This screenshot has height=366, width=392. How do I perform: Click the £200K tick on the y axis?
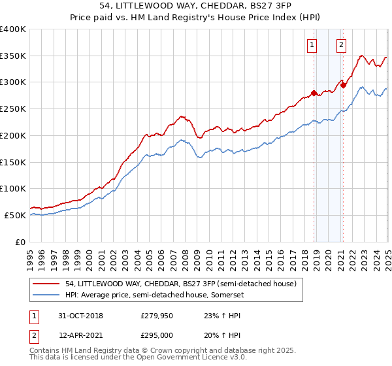[14, 135]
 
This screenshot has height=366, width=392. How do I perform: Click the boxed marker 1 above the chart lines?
[312, 45]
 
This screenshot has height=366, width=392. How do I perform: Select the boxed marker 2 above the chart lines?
[342, 45]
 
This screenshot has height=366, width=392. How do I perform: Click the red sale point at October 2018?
[314, 93]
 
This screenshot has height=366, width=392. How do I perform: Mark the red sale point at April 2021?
[343, 85]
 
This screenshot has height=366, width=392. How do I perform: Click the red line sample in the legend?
[47, 284]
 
